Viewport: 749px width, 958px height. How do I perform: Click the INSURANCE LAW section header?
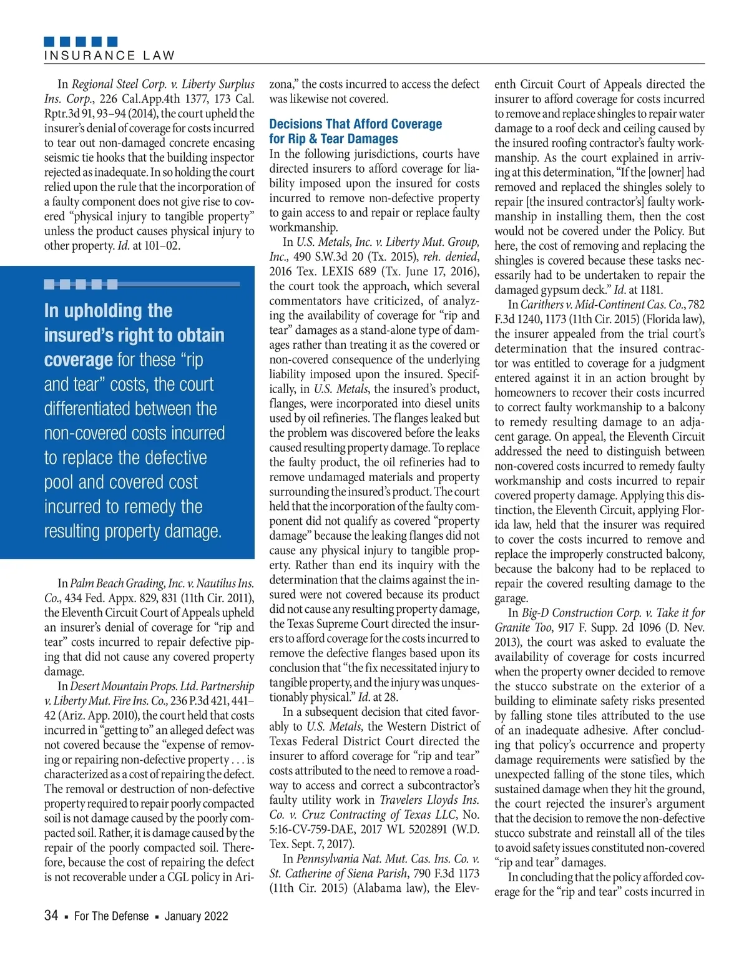(109, 56)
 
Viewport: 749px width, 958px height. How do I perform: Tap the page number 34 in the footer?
(51, 916)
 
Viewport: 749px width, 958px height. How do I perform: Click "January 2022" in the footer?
(196, 916)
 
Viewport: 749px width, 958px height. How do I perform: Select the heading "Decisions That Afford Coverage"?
(355, 124)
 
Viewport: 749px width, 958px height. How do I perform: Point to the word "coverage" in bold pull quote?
(78, 360)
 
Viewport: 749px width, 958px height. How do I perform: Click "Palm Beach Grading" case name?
(117, 584)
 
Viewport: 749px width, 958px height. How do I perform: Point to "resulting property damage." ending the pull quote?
(132, 531)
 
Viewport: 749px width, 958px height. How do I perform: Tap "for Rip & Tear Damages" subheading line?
(333, 139)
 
